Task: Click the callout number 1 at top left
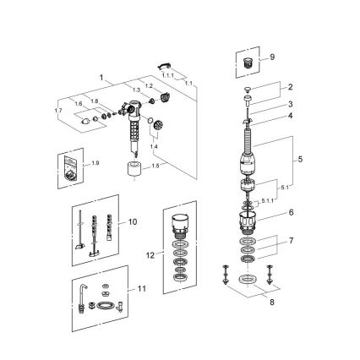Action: [x=101, y=77]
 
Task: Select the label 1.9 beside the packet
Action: [x=94, y=162]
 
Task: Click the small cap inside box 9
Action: [x=248, y=63]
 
